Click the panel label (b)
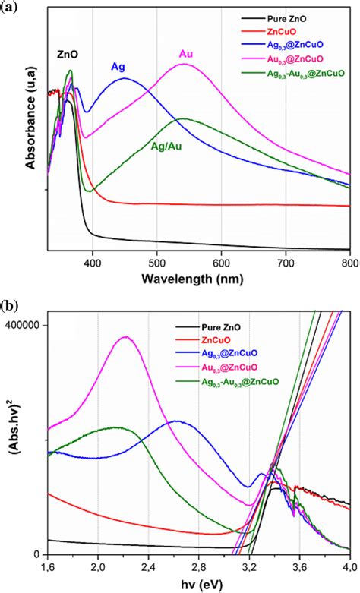click(x=11, y=307)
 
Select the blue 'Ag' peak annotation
click(x=118, y=67)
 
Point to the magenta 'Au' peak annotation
click(x=186, y=53)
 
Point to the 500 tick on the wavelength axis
click(x=156, y=262)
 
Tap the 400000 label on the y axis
click(x=24, y=325)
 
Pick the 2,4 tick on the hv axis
click(x=149, y=566)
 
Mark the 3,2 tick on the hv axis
click(x=249, y=566)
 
